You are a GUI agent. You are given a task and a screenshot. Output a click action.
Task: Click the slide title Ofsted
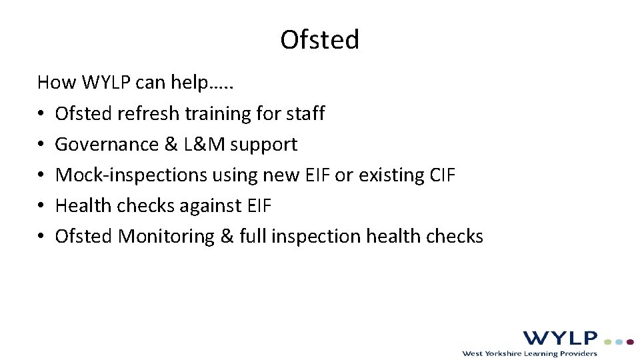[x=320, y=40]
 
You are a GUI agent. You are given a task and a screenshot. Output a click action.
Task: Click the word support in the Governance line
[x=264, y=145]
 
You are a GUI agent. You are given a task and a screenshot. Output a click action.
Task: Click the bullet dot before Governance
[x=41, y=145]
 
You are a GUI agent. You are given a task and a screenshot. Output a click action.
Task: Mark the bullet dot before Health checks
[x=41, y=206]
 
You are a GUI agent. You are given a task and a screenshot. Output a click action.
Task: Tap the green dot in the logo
[x=608, y=341]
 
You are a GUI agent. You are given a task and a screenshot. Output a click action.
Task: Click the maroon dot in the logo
[x=630, y=341]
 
